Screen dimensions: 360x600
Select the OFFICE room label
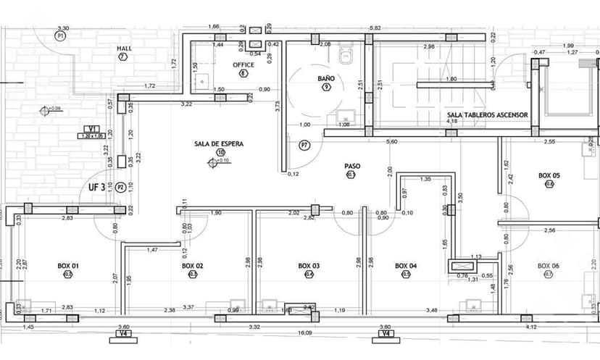pyautogui.click(x=243, y=64)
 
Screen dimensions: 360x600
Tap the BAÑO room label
pyautogui.click(x=326, y=78)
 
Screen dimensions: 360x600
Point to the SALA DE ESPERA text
pyautogui.click(x=219, y=143)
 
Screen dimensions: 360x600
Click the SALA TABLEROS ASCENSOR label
pyautogui.click(x=488, y=114)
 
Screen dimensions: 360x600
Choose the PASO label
pyautogui.click(x=352, y=166)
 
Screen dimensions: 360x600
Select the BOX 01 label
pyautogui.click(x=68, y=266)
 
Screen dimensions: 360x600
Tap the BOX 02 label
pyautogui.click(x=193, y=266)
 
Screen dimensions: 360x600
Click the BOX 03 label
pyautogui.click(x=309, y=266)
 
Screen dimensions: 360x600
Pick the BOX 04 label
pyautogui.click(x=406, y=266)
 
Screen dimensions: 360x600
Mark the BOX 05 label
pyautogui.click(x=549, y=175)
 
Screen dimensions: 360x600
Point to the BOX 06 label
pyautogui.click(x=549, y=266)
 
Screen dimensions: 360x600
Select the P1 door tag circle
pyautogui.click(x=61, y=34)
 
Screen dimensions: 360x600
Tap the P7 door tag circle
pyautogui.click(x=305, y=146)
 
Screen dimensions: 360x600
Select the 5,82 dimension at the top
pyautogui.click(x=375, y=28)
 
